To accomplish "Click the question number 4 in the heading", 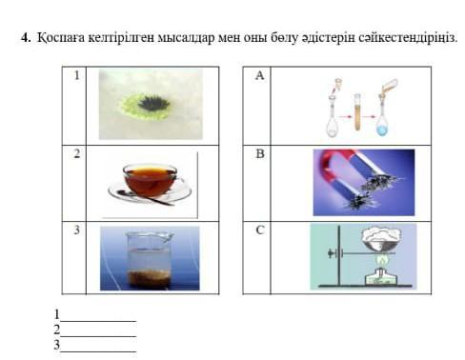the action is (26, 37).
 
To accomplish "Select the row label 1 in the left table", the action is (76, 75).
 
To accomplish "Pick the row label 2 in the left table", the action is (76, 153).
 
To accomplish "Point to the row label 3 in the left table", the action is (76, 230).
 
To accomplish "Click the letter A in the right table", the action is (259, 75).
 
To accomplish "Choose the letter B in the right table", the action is (260, 153).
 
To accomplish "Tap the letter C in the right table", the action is (260, 230).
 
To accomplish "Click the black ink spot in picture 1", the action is (154, 104).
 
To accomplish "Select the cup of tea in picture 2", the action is (151, 179).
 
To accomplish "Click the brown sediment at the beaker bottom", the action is (149, 278).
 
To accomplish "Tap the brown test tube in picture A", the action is (357, 112).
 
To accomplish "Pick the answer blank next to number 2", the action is (98, 335).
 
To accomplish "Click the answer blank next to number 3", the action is (98, 350).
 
